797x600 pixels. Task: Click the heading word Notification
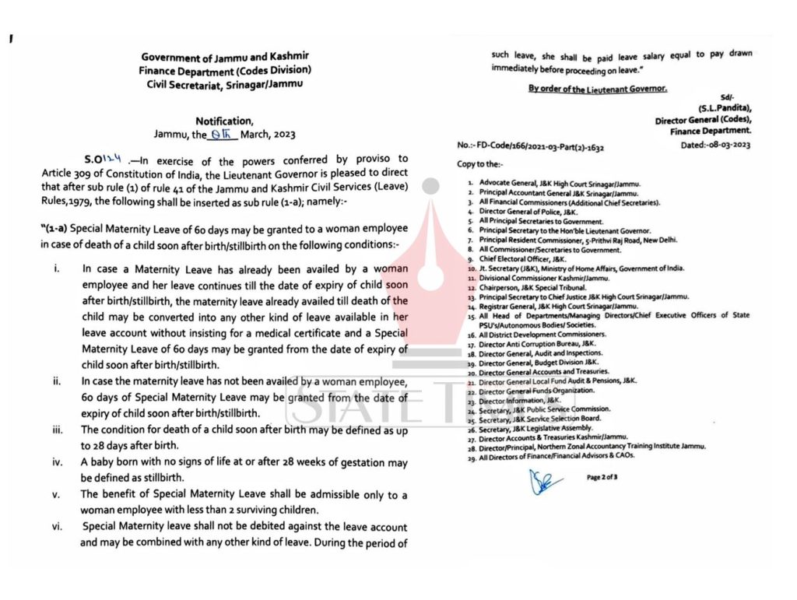[224, 121]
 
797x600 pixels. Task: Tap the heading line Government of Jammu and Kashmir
[225, 57]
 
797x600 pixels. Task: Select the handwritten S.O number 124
[115, 158]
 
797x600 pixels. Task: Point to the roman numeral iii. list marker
[58, 430]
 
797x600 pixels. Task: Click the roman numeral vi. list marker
[58, 527]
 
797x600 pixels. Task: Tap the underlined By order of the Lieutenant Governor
[597, 89]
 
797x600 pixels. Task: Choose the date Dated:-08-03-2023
[714, 145]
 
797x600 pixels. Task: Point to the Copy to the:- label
[480, 165]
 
